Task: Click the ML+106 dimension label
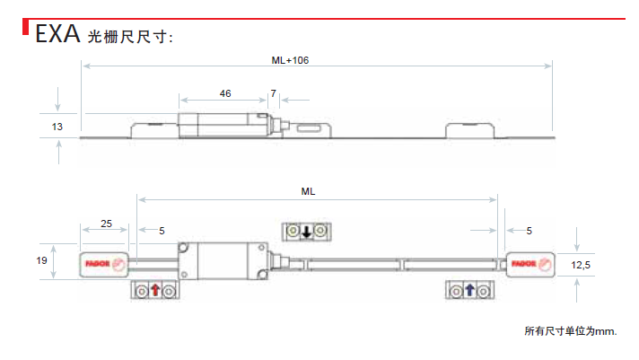290,60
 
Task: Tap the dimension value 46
225,93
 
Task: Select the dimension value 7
273,93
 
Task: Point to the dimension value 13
57,127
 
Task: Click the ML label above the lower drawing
308,191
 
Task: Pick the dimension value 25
107,224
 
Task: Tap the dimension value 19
41,260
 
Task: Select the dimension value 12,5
581,265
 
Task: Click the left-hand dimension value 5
162,231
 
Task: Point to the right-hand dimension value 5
529,231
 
